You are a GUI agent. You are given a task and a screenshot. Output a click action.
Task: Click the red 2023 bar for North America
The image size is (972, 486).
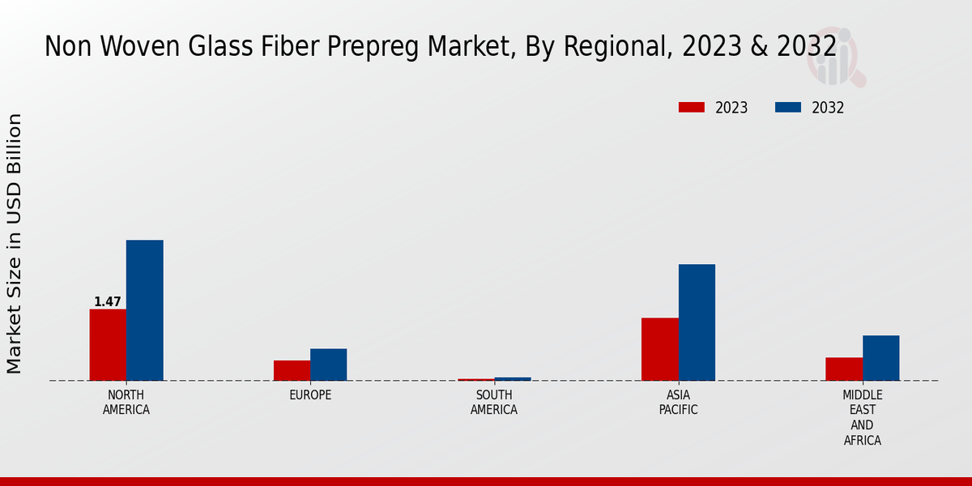click(x=108, y=344)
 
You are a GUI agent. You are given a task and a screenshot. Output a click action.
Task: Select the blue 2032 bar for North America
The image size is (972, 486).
click(x=144, y=310)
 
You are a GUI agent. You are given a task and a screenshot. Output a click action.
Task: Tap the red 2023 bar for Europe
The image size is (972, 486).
click(x=292, y=370)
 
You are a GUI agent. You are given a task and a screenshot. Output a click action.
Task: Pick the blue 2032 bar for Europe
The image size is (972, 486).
click(x=328, y=364)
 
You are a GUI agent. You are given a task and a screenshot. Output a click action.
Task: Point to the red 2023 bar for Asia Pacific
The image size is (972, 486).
click(x=659, y=349)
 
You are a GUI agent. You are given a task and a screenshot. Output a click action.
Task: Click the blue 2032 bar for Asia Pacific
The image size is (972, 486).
click(x=697, y=322)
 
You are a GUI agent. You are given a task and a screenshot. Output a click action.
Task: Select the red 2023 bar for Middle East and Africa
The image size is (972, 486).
click(x=843, y=369)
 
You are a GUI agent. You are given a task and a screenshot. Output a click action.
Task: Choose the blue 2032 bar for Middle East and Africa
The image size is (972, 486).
click(x=880, y=358)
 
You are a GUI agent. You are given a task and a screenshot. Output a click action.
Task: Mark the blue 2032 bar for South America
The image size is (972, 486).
click(x=513, y=378)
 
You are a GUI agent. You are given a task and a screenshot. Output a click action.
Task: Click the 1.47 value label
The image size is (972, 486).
click(x=108, y=302)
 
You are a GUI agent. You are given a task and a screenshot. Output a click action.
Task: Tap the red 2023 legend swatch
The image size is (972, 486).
click(x=692, y=108)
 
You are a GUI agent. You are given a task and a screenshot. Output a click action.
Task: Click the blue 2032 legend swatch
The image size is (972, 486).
click(x=788, y=108)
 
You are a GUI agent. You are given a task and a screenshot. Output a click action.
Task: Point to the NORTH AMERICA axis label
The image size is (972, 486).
click(x=126, y=403)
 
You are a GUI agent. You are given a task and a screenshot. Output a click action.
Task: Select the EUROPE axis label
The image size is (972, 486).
click(x=310, y=395)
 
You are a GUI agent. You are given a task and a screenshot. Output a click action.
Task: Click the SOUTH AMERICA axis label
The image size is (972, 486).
click(x=494, y=403)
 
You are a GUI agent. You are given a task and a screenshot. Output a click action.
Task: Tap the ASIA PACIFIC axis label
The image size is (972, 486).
click(x=678, y=403)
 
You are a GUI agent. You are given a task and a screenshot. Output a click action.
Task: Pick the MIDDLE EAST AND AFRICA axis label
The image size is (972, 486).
click(x=862, y=418)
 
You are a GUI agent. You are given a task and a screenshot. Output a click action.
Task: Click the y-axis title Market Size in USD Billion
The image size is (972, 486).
click(x=15, y=243)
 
